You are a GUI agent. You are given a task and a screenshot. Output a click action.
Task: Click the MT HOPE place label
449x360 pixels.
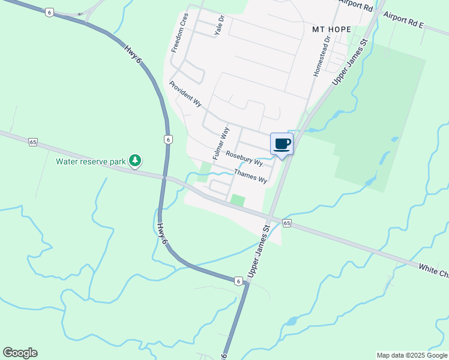click(331, 28)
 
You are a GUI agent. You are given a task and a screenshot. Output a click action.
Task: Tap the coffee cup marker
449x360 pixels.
click(282, 144)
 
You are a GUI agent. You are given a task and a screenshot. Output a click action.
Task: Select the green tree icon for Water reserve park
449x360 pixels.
click(136, 160)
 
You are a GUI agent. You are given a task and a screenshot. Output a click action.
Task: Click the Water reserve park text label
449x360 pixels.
click(91, 161)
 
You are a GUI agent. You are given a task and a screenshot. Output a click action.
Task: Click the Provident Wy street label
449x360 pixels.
click(185, 94)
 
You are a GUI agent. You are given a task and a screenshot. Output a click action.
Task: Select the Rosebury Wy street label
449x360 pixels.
click(244, 159)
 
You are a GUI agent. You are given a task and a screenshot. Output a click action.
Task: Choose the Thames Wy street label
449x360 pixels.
click(250, 175)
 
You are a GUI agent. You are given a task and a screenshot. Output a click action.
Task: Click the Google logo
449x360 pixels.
click(20, 353)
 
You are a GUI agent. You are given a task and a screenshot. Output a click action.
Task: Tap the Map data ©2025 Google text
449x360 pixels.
click(411, 355)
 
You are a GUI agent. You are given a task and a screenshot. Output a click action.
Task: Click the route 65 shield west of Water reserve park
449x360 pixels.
click(32, 142)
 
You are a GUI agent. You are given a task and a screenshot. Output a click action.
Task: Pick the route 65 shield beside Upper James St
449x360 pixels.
click(287, 223)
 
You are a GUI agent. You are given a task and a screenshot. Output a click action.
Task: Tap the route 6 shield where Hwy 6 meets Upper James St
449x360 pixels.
click(238, 281)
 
